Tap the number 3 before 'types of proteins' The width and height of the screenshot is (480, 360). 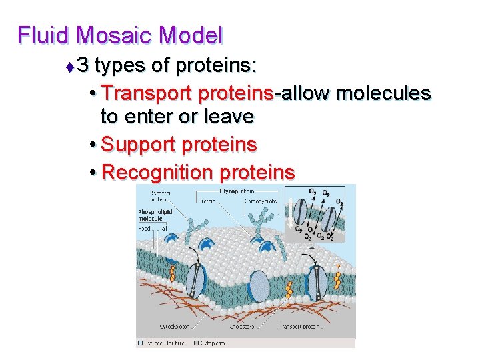coord(83,66)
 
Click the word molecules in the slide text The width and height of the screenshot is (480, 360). coord(383,93)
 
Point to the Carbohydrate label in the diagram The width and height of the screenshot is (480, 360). coord(261,199)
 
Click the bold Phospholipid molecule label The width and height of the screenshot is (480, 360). coord(155,215)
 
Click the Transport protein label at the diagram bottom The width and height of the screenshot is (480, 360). coord(301,327)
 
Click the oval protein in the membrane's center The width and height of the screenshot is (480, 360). coord(259,286)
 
